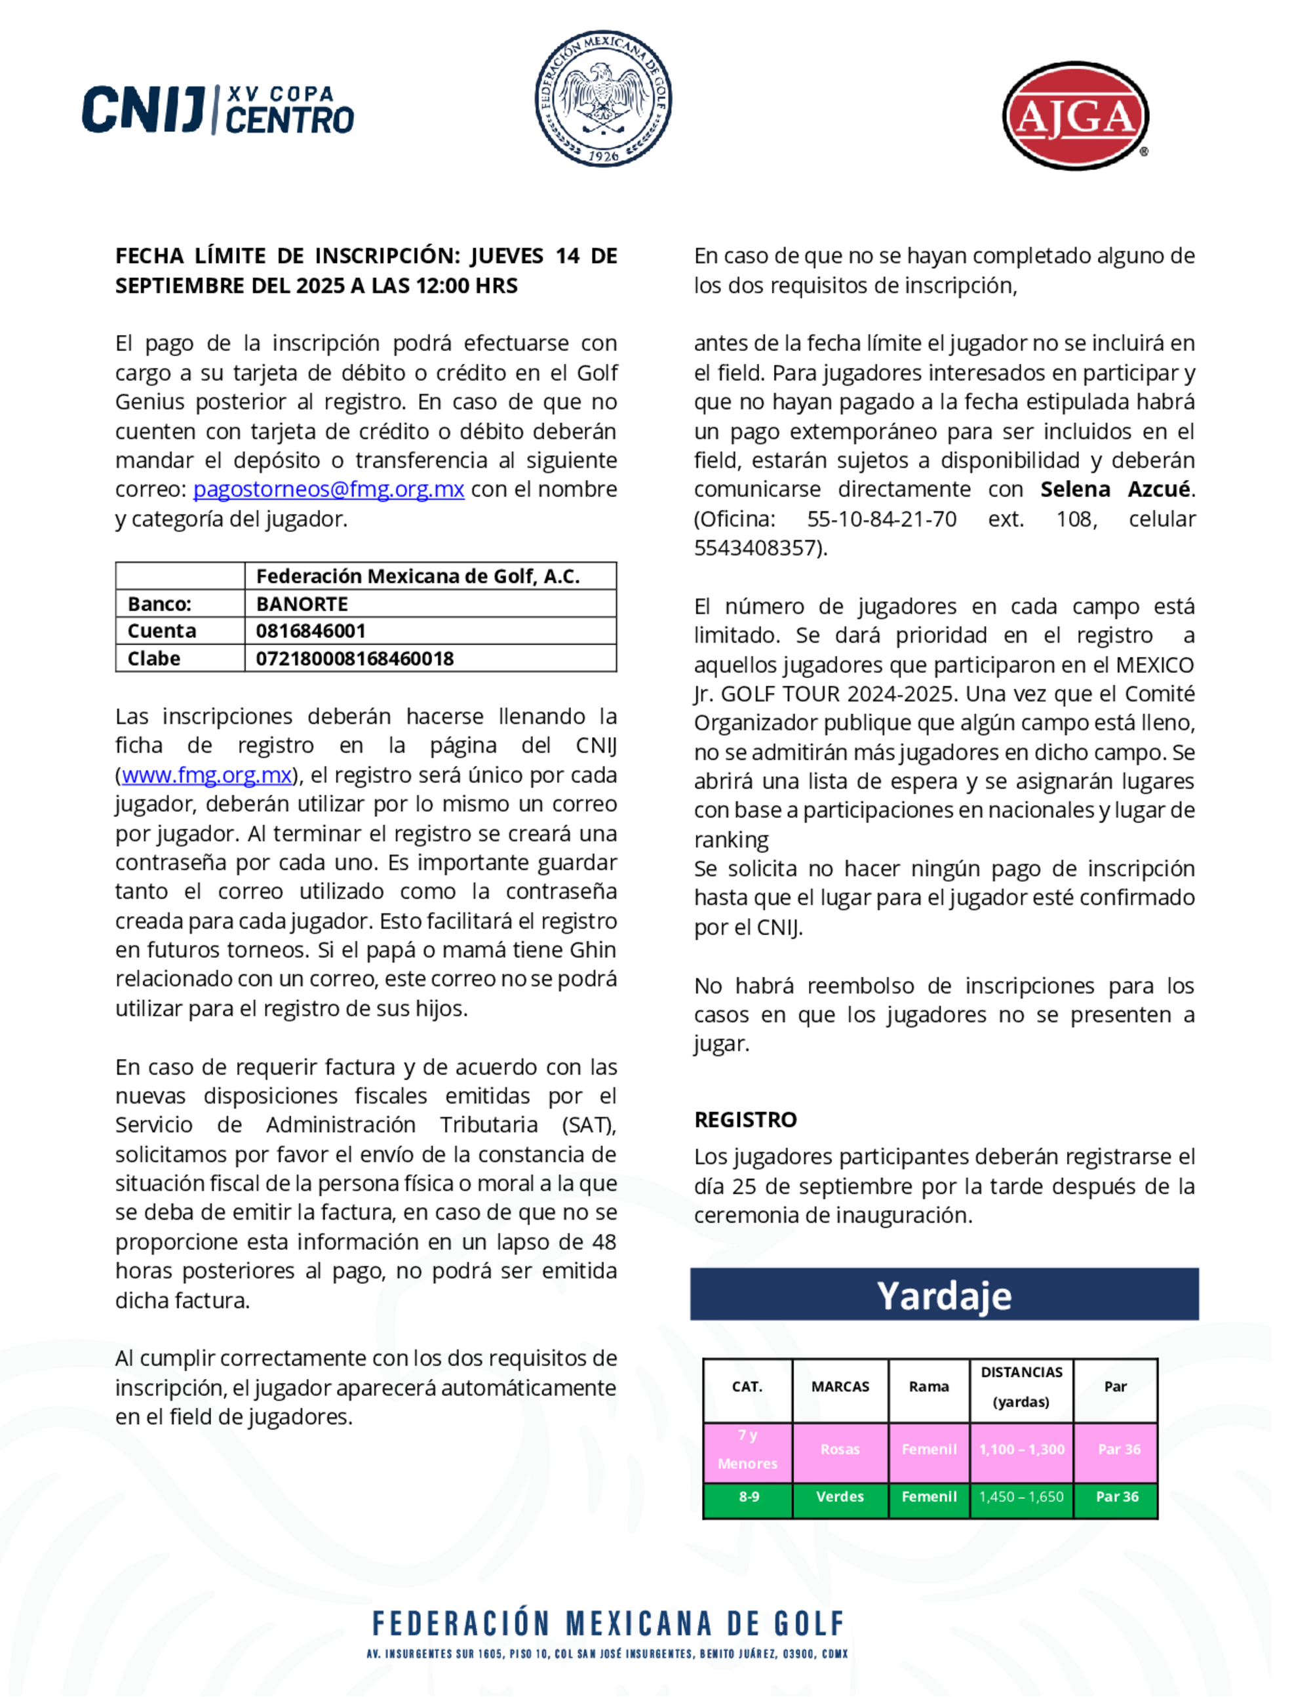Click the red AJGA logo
[x=1075, y=117]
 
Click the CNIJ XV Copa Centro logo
[x=218, y=110]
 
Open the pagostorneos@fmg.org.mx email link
[x=328, y=490]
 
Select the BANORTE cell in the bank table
[x=302, y=604]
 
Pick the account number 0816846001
[x=311, y=631]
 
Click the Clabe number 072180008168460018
[x=355, y=658]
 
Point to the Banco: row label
[x=159, y=604]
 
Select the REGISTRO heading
[x=745, y=1120]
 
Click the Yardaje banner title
[x=944, y=1295]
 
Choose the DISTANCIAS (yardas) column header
[x=1021, y=1387]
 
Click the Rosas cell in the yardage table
[x=840, y=1449]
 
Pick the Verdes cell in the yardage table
[x=840, y=1496]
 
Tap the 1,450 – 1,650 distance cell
[x=1021, y=1496]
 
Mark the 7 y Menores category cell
[x=747, y=1449]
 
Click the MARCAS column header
[x=840, y=1387]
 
